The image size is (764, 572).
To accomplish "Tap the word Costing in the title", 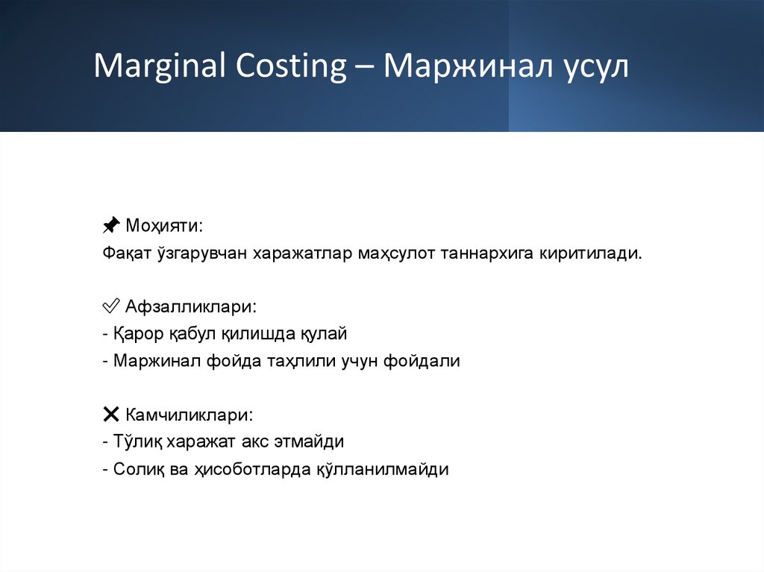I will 287,67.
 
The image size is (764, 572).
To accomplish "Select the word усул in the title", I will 594,67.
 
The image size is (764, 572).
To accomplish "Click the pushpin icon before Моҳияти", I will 110,224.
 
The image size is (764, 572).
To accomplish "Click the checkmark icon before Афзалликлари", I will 110,307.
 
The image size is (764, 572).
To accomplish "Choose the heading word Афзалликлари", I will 190,307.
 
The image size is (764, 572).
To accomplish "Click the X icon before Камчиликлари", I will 110,414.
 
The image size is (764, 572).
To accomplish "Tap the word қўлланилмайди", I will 392,470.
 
